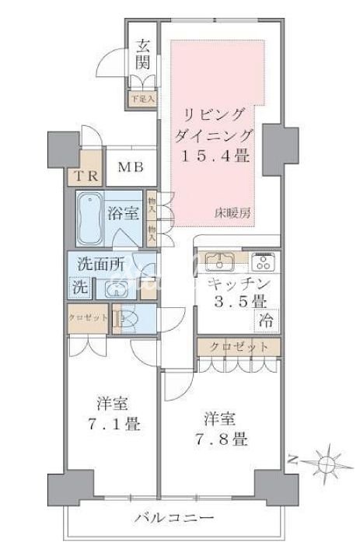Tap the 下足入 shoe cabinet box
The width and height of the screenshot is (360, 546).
tap(142, 100)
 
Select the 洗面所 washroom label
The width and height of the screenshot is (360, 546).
tap(97, 263)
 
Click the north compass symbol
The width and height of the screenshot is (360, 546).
tap(327, 462)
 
